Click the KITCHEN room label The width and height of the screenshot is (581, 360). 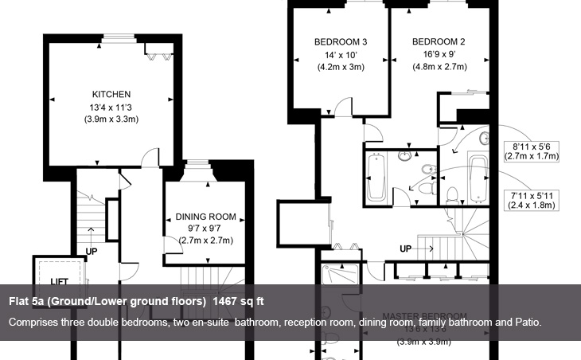pos(111,94)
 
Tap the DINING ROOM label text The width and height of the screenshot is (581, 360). pos(206,216)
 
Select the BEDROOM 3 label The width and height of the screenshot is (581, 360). pos(341,41)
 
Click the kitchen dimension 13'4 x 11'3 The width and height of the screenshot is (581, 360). pos(111,107)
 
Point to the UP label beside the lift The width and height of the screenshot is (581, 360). pos(92,252)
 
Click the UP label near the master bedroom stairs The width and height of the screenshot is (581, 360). pos(406,249)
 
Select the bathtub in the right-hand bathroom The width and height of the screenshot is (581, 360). pos(478,182)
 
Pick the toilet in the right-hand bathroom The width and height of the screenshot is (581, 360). pos(451,194)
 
